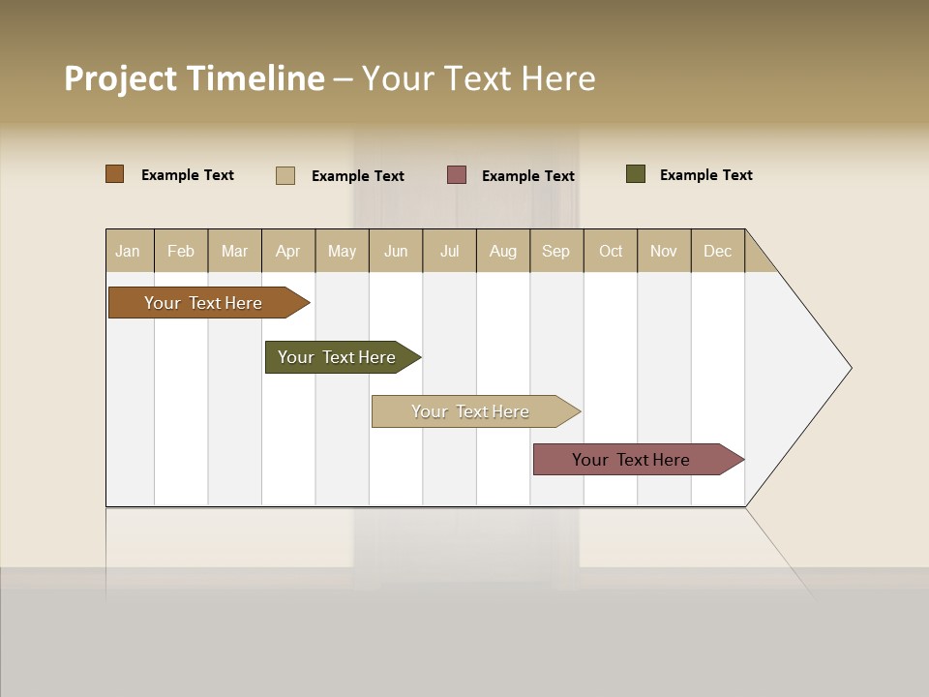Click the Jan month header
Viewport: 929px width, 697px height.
point(129,251)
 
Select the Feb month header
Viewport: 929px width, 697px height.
point(181,251)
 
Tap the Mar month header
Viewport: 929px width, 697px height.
point(234,251)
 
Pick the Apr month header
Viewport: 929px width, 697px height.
point(288,251)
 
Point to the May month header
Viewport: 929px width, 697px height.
point(342,251)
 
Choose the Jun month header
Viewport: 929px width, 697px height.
point(396,251)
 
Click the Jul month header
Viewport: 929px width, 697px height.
point(449,251)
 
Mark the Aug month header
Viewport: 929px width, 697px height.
point(503,251)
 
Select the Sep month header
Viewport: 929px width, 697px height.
point(556,251)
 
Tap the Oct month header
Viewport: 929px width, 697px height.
point(611,251)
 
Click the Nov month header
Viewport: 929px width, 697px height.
point(664,251)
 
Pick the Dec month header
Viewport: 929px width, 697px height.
point(718,251)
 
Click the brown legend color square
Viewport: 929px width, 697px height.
point(115,174)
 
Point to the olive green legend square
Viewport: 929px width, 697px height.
point(636,174)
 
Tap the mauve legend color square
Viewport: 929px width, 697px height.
point(457,174)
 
